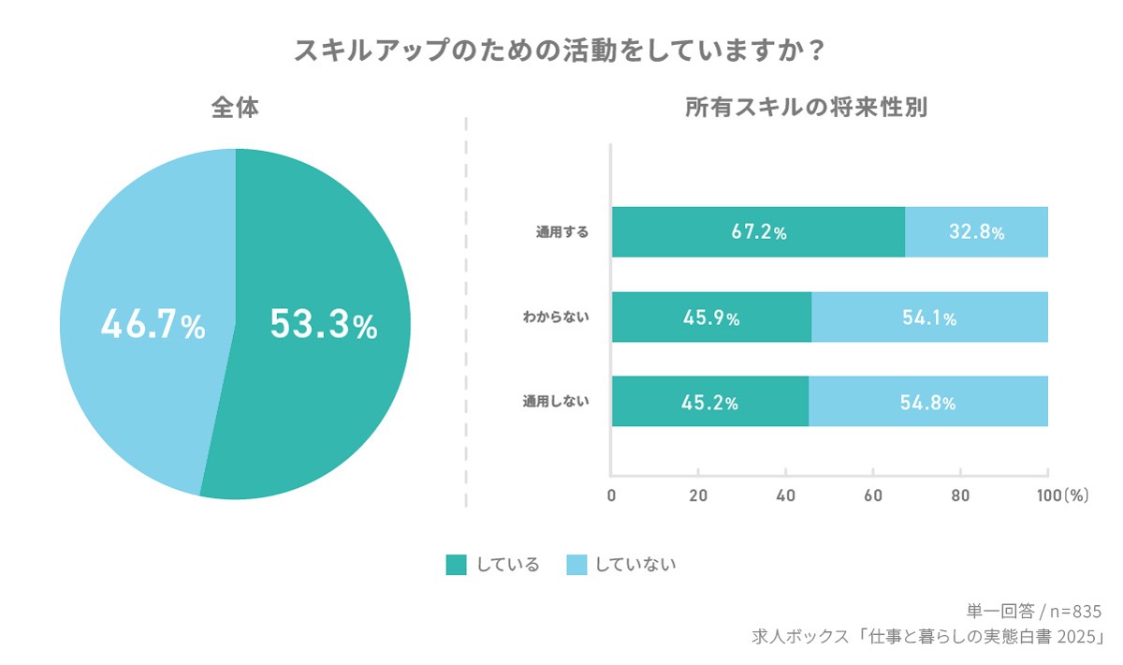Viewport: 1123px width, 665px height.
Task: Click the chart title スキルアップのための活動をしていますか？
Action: click(560, 51)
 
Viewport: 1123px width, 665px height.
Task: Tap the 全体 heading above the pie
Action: click(234, 108)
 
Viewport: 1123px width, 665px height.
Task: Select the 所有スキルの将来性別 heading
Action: click(806, 108)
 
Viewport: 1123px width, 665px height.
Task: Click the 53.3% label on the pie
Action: click(323, 325)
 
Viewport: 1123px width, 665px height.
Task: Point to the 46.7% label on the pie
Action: click(153, 325)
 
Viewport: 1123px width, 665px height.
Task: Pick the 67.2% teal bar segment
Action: click(758, 232)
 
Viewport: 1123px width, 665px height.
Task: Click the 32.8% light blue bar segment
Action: click(976, 232)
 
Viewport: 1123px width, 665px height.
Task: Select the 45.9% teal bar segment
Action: click(711, 318)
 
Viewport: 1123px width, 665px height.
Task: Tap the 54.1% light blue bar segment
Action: click(929, 318)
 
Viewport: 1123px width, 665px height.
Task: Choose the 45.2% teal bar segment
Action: click(709, 403)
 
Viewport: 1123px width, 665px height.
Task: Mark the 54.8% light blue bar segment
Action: click(927, 403)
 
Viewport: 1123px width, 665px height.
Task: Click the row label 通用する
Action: click(561, 232)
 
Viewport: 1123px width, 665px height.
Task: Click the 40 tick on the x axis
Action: click(785, 495)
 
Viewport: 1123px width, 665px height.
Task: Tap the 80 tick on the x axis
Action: click(960, 495)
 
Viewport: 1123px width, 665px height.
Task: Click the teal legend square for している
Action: click(456, 565)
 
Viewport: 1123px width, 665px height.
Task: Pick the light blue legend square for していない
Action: click(576, 565)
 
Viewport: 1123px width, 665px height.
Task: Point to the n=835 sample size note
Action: click(1075, 612)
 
